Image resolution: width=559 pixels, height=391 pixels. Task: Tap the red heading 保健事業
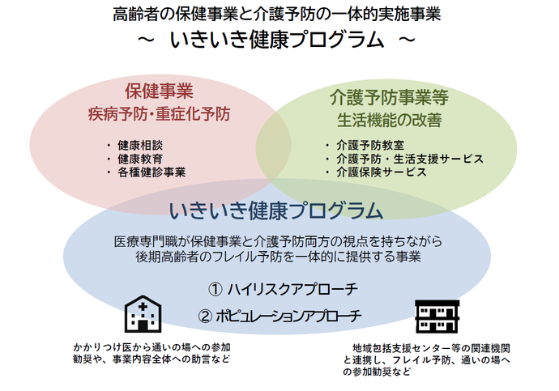(x=159, y=91)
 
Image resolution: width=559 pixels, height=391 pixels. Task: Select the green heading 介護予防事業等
(x=389, y=97)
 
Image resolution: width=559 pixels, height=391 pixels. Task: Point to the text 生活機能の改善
(x=389, y=121)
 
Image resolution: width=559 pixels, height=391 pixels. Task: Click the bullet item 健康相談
(x=140, y=145)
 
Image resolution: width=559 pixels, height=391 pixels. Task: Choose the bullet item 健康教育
(x=140, y=159)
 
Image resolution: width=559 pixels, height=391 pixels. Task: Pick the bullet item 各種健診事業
(x=151, y=172)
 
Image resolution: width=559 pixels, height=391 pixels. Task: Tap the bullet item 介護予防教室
(x=367, y=145)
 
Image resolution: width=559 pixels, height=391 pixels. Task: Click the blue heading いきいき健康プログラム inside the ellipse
(x=275, y=210)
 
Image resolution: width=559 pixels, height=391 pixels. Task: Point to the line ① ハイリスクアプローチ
(x=283, y=289)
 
